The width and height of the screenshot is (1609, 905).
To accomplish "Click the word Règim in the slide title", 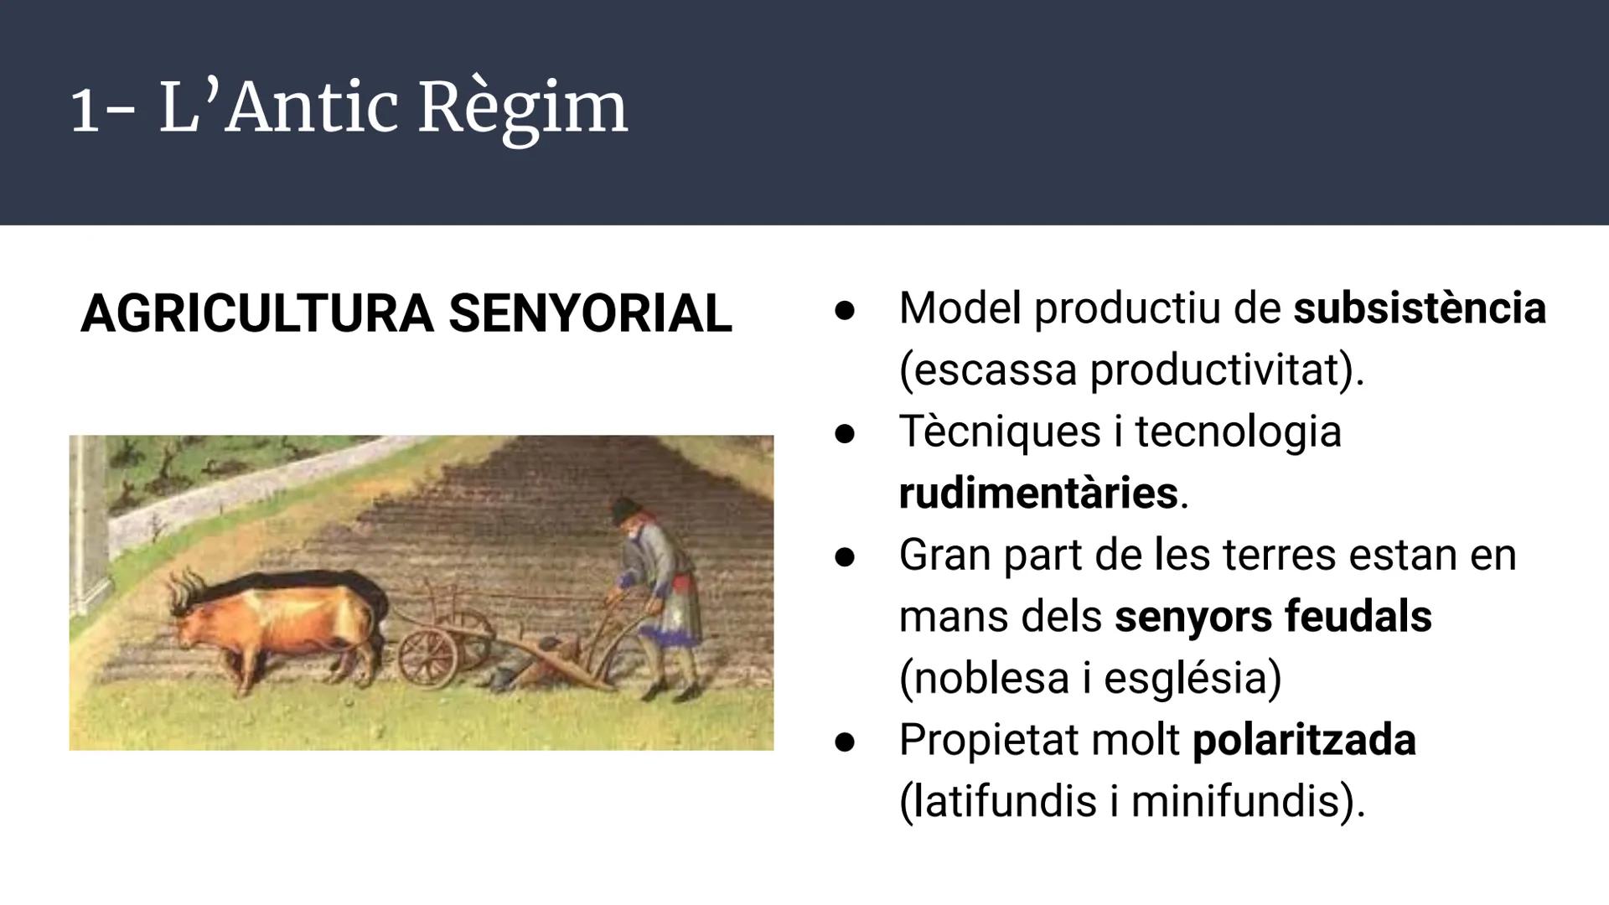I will (x=522, y=109).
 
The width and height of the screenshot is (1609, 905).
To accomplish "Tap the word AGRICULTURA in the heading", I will (x=256, y=314).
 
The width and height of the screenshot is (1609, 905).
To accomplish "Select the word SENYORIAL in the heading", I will (x=590, y=314).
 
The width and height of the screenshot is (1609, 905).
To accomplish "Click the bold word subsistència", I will (x=1420, y=308).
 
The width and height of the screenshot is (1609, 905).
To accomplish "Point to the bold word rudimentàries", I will (x=1037, y=493).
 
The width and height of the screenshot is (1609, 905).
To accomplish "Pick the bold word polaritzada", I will (x=1304, y=740).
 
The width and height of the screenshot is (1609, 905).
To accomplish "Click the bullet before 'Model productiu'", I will (x=845, y=310).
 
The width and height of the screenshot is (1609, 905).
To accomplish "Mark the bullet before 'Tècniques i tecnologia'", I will (x=845, y=433).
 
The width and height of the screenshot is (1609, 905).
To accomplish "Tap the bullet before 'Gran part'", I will (x=845, y=556).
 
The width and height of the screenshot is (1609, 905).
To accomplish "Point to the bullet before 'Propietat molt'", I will (x=845, y=742).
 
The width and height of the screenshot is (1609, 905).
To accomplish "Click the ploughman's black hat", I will (x=624, y=508).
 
